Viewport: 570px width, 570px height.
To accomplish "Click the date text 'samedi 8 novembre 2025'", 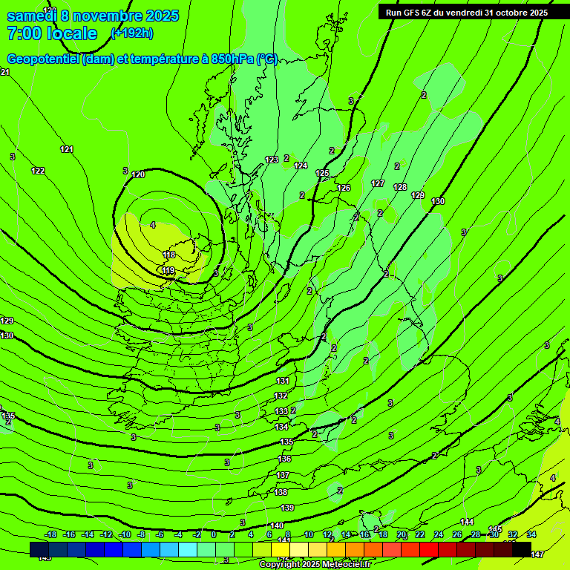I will pyautogui.click(x=93, y=15).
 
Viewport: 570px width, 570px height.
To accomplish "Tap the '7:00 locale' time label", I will pyautogui.click(x=52, y=33).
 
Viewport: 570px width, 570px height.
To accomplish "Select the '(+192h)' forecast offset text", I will pyautogui.click(x=132, y=33).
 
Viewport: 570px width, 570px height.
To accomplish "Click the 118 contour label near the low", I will pyautogui.click(x=169, y=255).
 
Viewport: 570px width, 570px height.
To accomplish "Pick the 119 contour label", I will pyautogui.click(x=168, y=270).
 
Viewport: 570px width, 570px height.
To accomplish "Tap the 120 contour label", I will pyautogui.click(x=138, y=174).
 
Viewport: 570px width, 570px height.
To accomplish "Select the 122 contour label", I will pyautogui.click(x=38, y=171).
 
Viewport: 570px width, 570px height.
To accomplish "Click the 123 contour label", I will pyautogui.click(x=272, y=160).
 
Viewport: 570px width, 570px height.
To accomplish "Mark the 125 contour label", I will pyautogui.click(x=322, y=173).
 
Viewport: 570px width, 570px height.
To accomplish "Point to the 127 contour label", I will pyautogui.click(x=378, y=183).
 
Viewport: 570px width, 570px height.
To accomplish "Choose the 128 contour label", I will pyautogui.click(x=400, y=187).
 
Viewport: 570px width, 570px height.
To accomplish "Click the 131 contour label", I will pyautogui.click(x=282, y=381).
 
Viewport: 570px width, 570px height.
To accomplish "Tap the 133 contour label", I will pyautogui.click(x=281, y=411).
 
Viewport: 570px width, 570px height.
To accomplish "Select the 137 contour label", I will pyautogui.click(x=283, y=475).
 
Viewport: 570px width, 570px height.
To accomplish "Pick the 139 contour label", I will pyautogui.click(x=287, y=508).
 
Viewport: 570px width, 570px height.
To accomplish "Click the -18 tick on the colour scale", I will pyautogui.click(x=51, y=534).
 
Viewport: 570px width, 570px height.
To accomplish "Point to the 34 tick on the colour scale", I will pyautogui.click(x=531, y=534).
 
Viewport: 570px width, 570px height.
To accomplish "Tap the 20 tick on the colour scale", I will pyautogui.click(x=402, y=534).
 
